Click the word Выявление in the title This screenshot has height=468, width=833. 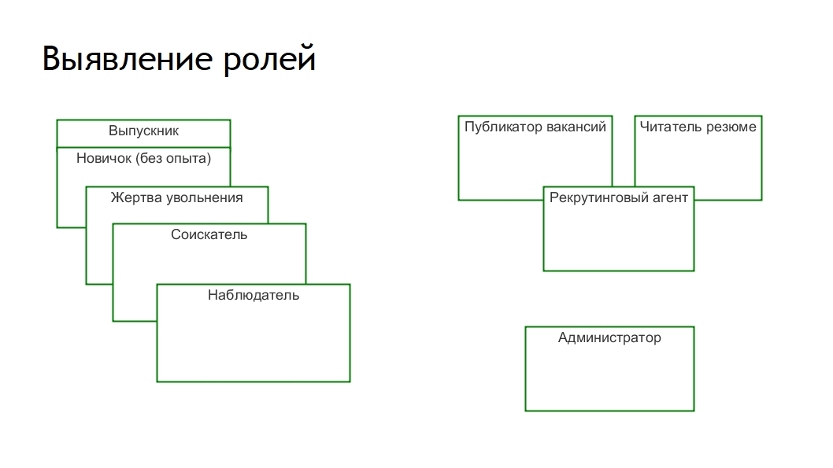tap(128, 58)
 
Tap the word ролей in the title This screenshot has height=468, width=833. tap(269, 60)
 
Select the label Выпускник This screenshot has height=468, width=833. tap(143, 131)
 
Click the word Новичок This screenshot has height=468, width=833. tap(104, 158)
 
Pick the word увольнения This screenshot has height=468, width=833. tap(205, 198)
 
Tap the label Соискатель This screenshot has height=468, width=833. tap(209, 234)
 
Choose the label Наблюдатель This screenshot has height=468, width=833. tap(254, 295)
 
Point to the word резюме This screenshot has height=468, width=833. tap(731, 127)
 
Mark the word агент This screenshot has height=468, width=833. tap(671, 198)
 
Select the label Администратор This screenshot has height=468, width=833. tap(610, 338)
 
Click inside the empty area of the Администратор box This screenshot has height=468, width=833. tap(610, 378)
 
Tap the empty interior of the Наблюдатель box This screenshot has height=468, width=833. tap(254, 341)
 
